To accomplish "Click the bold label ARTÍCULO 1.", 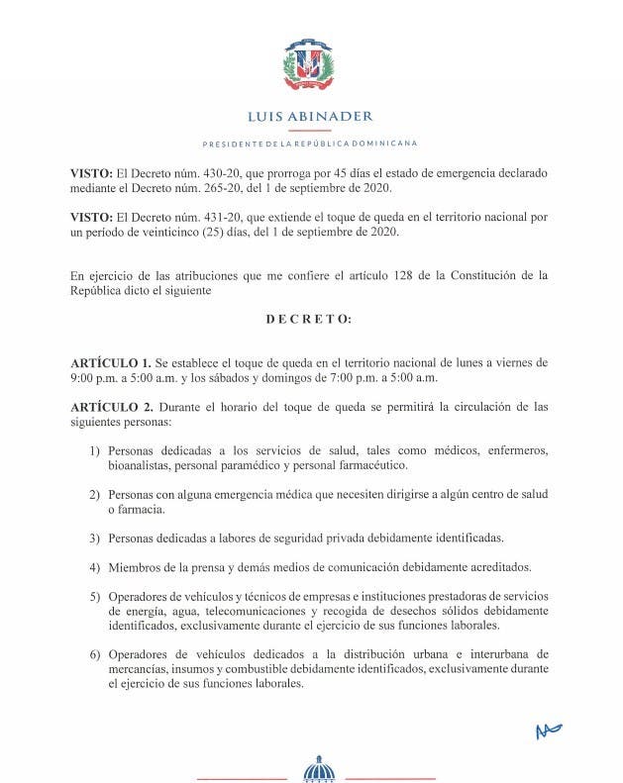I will (111, 363).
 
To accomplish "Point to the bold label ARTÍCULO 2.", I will (111, 406).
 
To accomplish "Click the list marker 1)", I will (95, 450).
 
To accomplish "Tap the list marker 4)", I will (95, 567).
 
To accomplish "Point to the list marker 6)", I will (95, 655).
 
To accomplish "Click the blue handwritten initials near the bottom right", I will (548, 731).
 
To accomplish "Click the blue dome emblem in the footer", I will (318, 768).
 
